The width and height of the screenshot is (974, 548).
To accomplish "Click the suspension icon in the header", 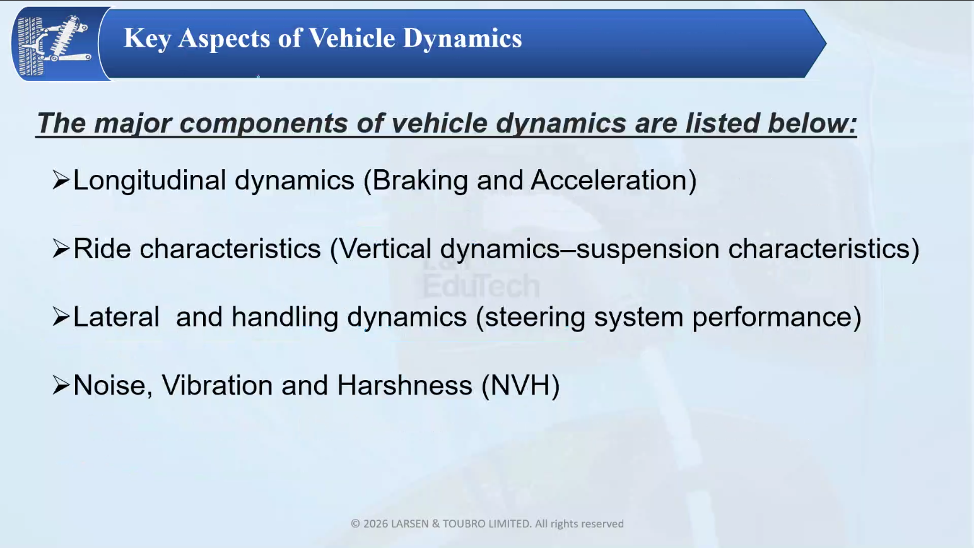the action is pos(54,44).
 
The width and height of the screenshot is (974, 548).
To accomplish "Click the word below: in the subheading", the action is pos(813,122).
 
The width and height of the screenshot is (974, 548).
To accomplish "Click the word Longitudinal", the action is pos(149,181).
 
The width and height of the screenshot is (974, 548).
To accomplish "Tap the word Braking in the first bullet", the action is pos(420,181).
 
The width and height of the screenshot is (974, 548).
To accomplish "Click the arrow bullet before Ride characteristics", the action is pos(61,249).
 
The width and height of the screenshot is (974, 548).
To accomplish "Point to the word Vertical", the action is pos(384,249).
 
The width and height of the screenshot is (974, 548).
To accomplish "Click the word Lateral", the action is pos(116,317).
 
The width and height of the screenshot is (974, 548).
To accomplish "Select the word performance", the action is pos(772,318).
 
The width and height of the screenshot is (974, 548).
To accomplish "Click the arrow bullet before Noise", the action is pos(61,385).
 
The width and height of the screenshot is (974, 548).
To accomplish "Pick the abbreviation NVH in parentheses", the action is pos(520,386).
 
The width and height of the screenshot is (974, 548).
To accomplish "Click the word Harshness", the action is pos(404,385).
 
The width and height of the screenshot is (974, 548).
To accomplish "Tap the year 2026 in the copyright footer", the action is pos(375,523).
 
